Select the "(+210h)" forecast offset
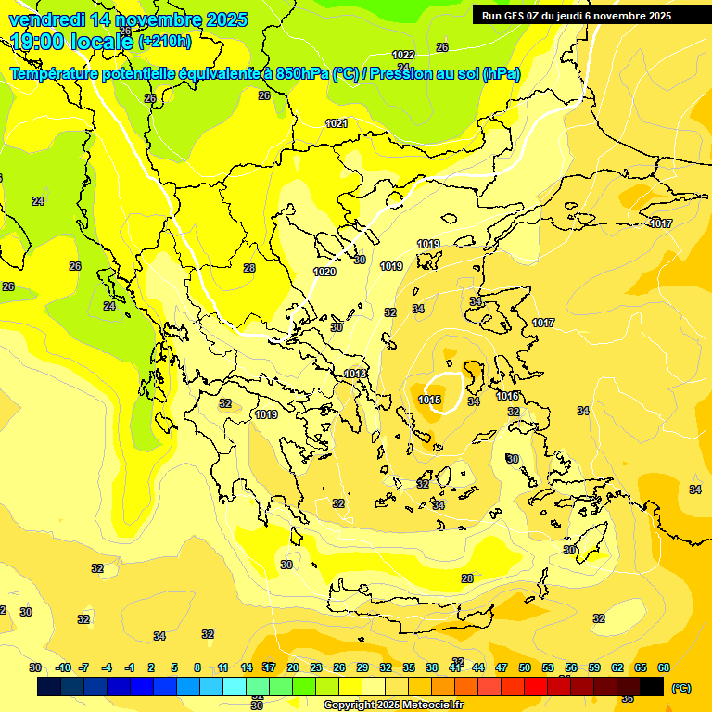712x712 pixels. click(165, 42)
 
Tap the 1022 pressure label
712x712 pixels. click(402, 55)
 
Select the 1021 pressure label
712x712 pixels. click(337, 123)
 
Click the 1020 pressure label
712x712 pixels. click(324, 272)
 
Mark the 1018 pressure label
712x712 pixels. click(355, 374)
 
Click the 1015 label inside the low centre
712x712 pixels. click(429, 400)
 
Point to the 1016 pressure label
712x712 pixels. click(507, 396)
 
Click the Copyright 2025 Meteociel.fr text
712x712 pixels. click(393, 705)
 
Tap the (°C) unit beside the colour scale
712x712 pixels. click(680, 687)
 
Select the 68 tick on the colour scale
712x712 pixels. click(664, 667)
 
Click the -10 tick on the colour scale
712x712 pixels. click(63, 667)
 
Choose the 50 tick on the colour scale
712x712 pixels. click(525, 667)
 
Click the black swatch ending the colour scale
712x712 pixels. click(652, 687)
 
